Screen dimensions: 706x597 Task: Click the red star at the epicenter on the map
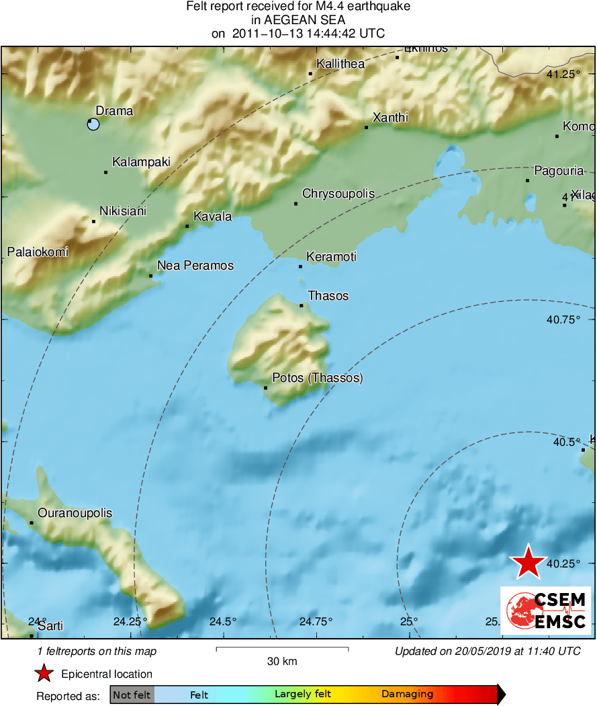529,562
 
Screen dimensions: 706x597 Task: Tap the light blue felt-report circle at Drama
93,124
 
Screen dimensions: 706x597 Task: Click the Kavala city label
212,217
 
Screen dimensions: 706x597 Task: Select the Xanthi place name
390,118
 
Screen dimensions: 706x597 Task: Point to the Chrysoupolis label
338,194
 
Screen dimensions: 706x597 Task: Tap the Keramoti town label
331,257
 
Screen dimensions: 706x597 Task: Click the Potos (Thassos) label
317,379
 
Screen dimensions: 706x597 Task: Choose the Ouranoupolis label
75,514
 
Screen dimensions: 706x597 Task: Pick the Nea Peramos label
195,266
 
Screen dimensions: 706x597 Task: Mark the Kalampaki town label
141,162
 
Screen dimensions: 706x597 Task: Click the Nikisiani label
123,211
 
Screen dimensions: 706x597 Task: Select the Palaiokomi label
38,252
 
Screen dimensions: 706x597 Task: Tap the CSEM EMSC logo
545,610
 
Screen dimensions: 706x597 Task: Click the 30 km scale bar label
282,662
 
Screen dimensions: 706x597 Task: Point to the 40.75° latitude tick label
563,320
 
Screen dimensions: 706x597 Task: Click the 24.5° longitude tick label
222,621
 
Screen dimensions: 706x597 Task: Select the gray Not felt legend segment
132,695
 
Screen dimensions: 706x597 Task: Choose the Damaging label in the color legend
407,695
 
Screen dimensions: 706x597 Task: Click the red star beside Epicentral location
44,674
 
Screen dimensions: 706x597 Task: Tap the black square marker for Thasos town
302,306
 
